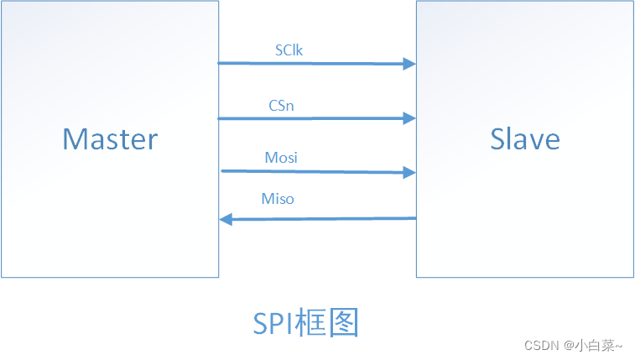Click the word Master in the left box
tap(110, 138)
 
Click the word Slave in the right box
tap(525, 138)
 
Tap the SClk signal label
tap(289, 50)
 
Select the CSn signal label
tap(281, 106)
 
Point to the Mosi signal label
tap(281, 158)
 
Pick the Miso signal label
tap(278, 199)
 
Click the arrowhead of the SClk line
tap(409, 63)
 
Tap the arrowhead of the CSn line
tap(409, 118)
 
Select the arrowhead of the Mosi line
tap(409, 172)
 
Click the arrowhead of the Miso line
tap(226, 219)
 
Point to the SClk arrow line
tap(310, 63)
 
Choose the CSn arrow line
tap(310, 118)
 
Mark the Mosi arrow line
tap(310, 171)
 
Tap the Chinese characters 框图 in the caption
tap(331, 323)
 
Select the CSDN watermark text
tap(541, 345)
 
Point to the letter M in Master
tap(73, 138)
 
